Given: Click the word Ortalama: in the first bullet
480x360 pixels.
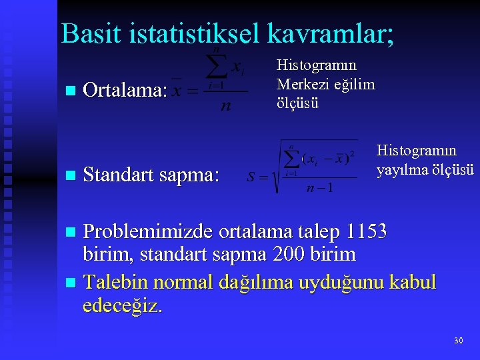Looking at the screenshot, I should pyautogui.click(x=125, y=91).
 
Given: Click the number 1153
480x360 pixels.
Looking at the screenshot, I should pyautogui.click(x=367, y=232).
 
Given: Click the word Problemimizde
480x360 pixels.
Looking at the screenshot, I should pyautogui.click(x=147, y=232).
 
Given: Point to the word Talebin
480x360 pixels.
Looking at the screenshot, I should pyautogui.click(x=115, y=282).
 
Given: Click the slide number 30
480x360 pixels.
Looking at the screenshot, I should pyautogui.click(x=458, y=341).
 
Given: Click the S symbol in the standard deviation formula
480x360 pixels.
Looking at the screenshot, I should pyautogui.click(x=252, y=178).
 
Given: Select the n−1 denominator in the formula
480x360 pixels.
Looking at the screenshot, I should pyautogui.click(x=319, y=187).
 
